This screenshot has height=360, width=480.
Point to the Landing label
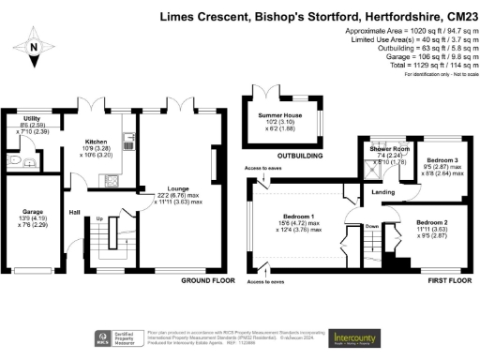[x=383, y=193]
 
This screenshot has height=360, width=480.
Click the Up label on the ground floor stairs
[x=100, y=220]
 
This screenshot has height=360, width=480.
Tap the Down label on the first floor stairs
[x=371, y=226]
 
